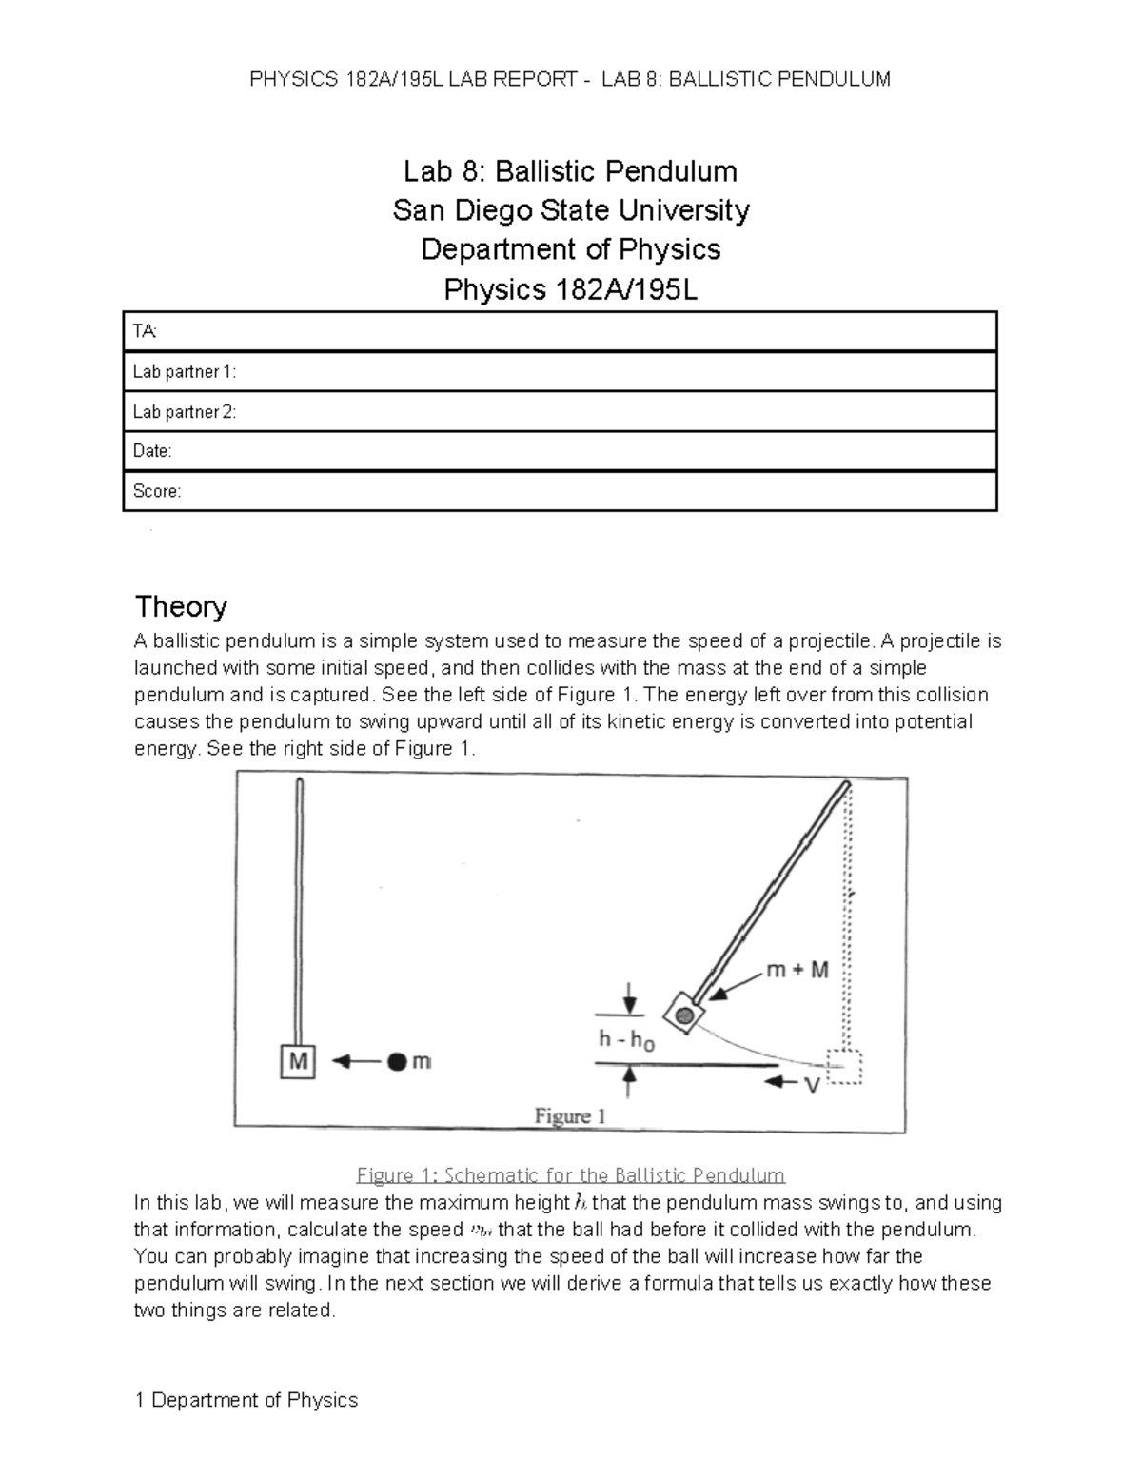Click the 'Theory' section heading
click(x=181, y=606)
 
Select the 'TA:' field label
click(x=146, y=331)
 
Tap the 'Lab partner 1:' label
click(x=184, y=371)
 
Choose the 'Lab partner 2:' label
click(x=185, y=411)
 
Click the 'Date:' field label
click(x=152, y=451)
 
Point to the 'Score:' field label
click(x=156, y=491)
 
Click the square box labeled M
click(x=298, y=1061)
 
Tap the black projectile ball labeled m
click(x=398, y=1061)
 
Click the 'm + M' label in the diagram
click(x=797, y=971)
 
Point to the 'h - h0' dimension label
click(x=625, y=1040)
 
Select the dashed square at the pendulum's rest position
click(x=843, y=1067)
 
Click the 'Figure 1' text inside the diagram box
click(x=570, y=1115)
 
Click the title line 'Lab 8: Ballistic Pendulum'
click(x=570, y=171)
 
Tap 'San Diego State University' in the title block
click(x=571, y=210)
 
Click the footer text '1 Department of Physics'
click(x=246, y=1400)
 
